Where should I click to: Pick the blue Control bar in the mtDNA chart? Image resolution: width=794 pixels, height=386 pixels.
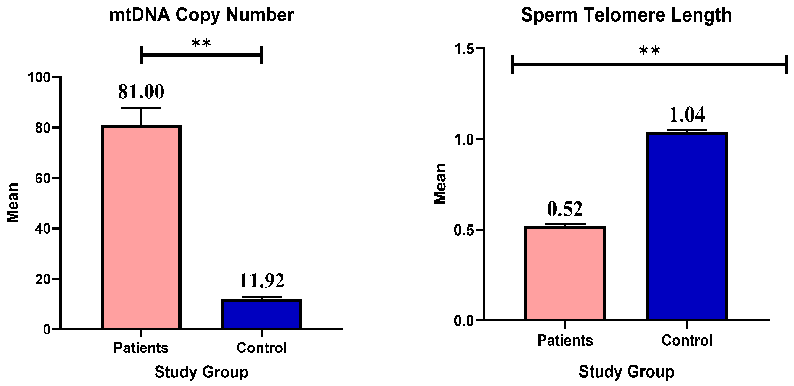tap(262, 314)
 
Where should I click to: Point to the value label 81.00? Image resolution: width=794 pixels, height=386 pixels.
tap(141, 92)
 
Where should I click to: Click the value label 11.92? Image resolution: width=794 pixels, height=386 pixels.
tap(262, 281)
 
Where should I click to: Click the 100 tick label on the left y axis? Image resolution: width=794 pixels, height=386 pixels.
tap(39, 77)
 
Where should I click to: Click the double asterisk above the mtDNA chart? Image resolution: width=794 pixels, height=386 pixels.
tap(201, 43)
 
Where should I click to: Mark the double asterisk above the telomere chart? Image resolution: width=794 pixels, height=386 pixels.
tap(649, 51)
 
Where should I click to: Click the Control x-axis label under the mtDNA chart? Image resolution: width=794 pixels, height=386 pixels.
tap(262, 348)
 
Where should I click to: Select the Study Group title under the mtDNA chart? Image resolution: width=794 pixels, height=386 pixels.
tap(201, 372)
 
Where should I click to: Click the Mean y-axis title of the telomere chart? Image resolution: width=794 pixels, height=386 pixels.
tap(440, 184)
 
